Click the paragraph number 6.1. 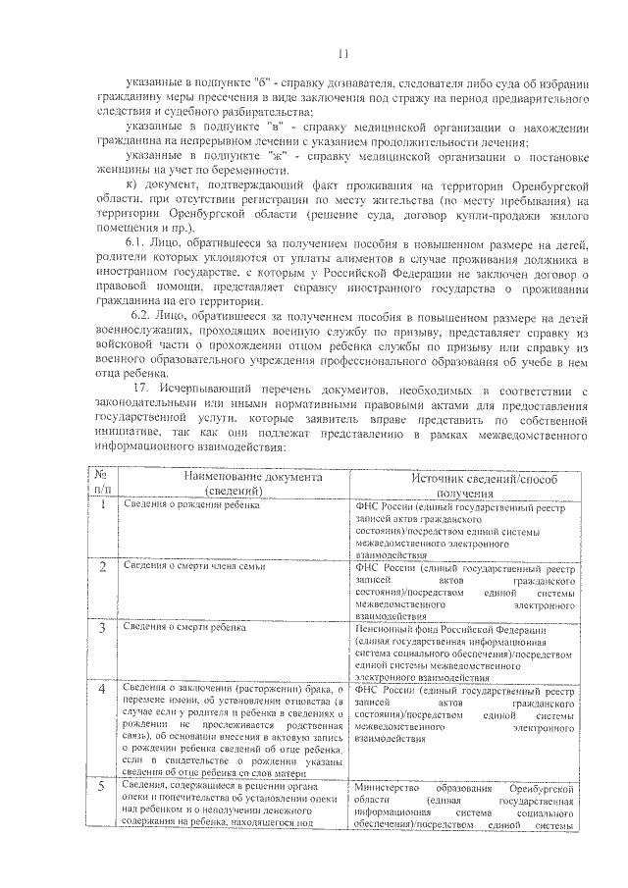[136, 242]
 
